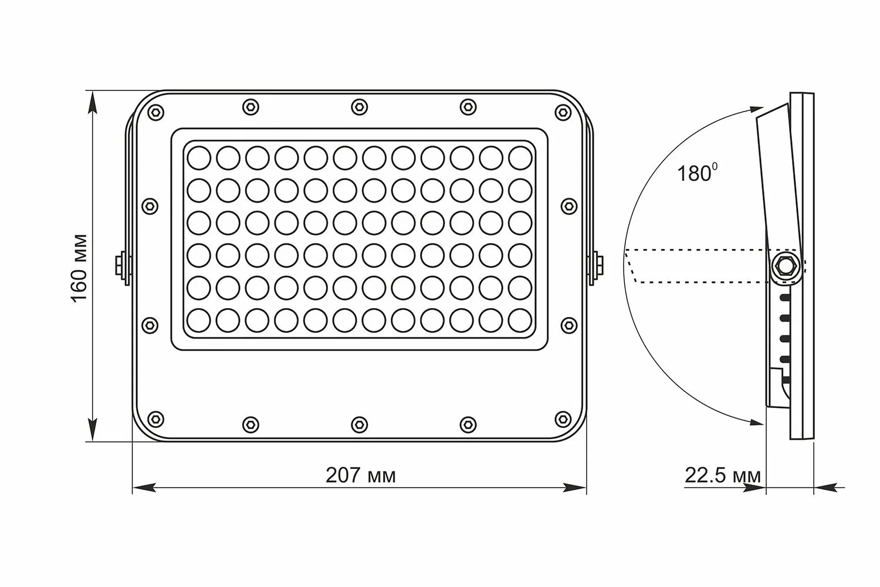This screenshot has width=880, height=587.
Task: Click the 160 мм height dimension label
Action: pos(79,268)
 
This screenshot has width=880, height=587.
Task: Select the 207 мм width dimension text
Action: pos(360,475)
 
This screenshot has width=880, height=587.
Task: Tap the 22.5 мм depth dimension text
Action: pos(723,475)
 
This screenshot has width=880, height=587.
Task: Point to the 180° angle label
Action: pos(697,173)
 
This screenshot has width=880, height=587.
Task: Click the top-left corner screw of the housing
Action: pos(155,112)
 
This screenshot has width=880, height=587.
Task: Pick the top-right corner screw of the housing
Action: pos(563,112)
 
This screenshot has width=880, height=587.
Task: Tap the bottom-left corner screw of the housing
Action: pos(155,419)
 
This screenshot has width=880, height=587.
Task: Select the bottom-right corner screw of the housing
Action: pos(563,419)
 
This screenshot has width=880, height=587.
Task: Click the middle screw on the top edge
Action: pos(359,107)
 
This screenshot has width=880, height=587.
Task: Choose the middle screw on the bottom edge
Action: pos(359,424)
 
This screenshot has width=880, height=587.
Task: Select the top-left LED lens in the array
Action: pos(199,157)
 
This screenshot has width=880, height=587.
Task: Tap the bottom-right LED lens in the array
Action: pos(520,320)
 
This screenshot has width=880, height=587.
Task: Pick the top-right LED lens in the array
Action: pos(520,157)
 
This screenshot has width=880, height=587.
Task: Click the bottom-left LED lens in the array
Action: pos(199,320)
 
